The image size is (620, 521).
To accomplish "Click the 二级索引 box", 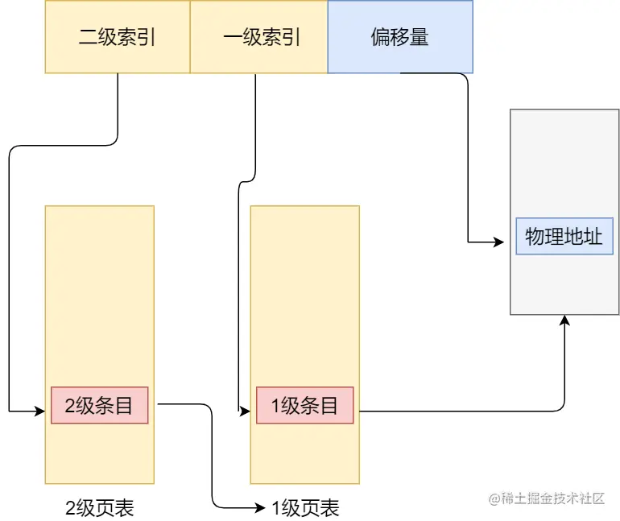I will pyautogui.click(x=117, y=37).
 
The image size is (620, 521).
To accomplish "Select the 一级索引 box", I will pyautogui.click(x=258, y=37).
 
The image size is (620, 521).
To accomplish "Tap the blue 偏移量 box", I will pyautogui.click(x=400, y=37).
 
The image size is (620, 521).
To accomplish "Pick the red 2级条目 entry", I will pyautogui.click(x=99, y=406).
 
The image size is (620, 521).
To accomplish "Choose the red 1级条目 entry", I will pyautogui.click(x=305, y=406).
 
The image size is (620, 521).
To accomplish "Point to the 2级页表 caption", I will pyautogui.click(x=99, y=508).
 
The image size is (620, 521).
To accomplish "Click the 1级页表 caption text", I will pyautogui.click(x=305, y=508).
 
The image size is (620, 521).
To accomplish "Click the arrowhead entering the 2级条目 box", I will pyautogui.click(x=40, y=412).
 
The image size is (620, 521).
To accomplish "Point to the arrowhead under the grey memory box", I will pyautogui.click(x=565, y=320).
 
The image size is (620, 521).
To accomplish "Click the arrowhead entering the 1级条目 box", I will pyautogui.click(x=245, y=412).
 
